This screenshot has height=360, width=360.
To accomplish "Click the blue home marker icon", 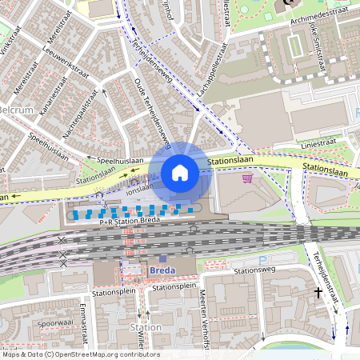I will (180, 172).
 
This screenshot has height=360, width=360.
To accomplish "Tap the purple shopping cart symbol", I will (247, 178).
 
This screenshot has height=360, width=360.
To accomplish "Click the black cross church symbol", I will (318, 293).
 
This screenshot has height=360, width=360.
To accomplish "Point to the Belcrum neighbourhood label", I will (14, 109).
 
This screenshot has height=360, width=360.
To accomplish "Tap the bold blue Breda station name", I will (162, 270).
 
